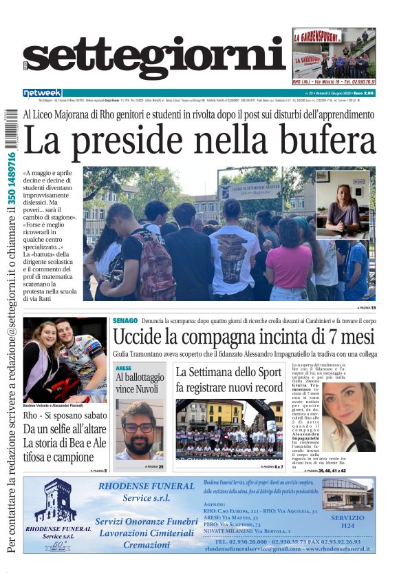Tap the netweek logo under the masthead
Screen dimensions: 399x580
click(42, 93)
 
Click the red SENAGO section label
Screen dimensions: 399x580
click(125, 322)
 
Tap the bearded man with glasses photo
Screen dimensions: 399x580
click(139, 430)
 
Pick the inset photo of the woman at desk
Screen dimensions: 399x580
click(343, 204)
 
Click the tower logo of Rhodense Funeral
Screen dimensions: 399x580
click(56, 501)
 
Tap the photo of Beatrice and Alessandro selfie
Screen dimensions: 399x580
click(65, 360)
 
